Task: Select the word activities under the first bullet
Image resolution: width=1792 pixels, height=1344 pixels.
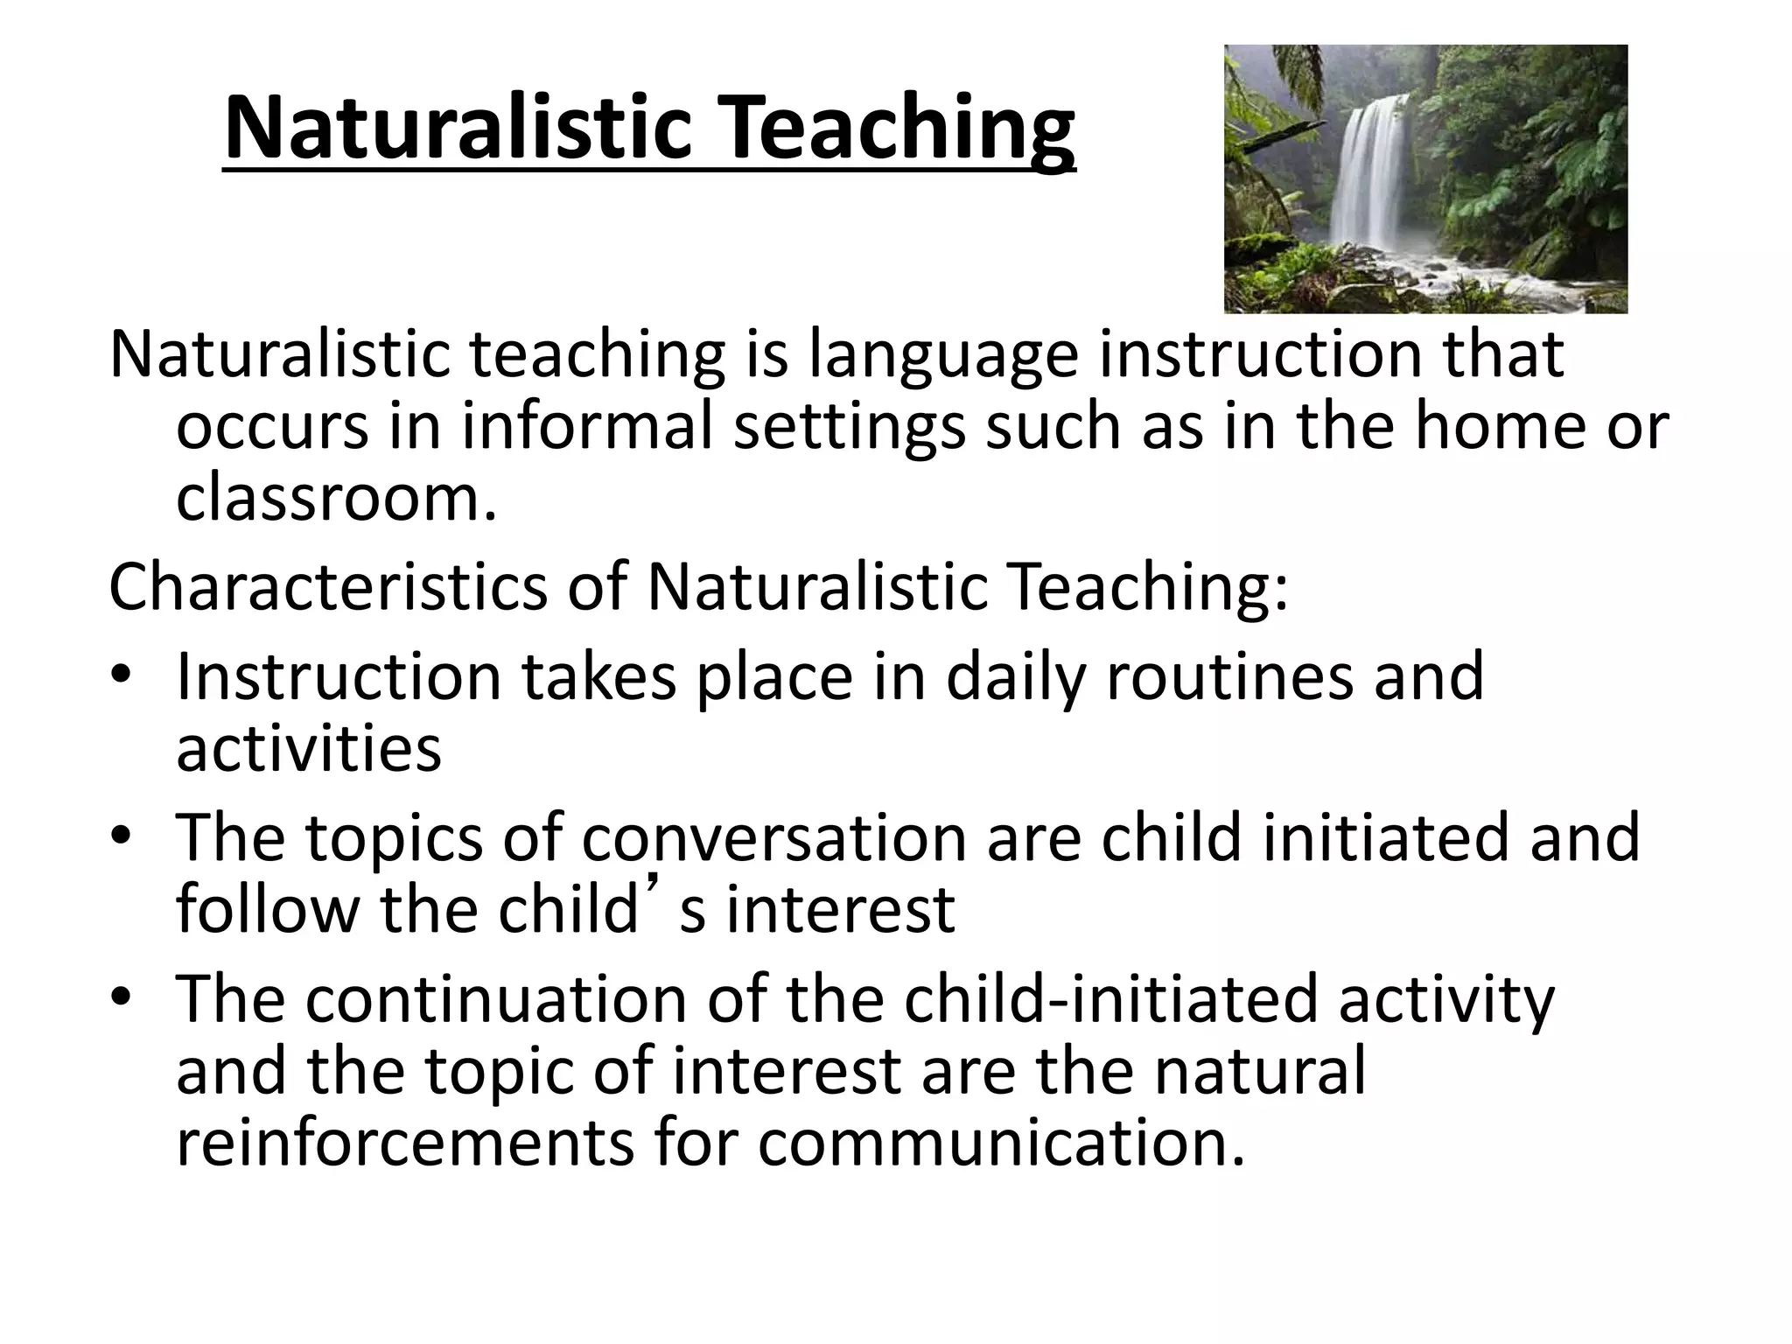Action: coord(308,749)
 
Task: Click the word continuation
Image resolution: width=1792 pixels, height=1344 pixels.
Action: coord(495,998)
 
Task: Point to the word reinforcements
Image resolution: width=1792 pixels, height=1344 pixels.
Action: coord(404,1143)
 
